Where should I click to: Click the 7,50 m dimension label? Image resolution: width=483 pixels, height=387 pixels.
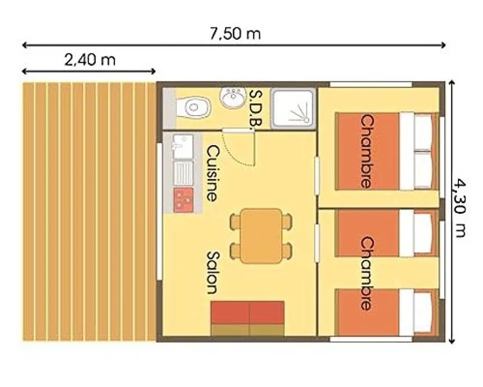(235, 33)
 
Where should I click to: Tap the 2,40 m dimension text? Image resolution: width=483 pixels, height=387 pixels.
(90, 59)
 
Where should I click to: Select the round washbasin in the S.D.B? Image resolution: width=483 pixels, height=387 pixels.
(233, 97)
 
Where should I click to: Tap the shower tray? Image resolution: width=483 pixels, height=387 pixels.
(293, 108)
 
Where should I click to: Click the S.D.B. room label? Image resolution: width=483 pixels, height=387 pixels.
(256, 108)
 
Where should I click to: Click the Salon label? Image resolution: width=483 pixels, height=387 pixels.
(213, 273)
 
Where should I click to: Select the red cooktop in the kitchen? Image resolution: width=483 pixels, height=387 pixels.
(184, 200)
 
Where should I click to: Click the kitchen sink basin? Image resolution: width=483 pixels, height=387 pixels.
(183, 146)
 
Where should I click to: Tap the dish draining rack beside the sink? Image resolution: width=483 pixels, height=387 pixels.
(183, 173)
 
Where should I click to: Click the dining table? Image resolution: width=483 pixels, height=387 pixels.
(261, 236)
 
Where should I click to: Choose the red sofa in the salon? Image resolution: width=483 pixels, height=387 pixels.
(248, 318)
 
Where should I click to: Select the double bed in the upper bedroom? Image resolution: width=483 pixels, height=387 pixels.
(387, 151)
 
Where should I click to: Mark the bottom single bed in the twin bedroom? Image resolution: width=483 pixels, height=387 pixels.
(387, 312)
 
